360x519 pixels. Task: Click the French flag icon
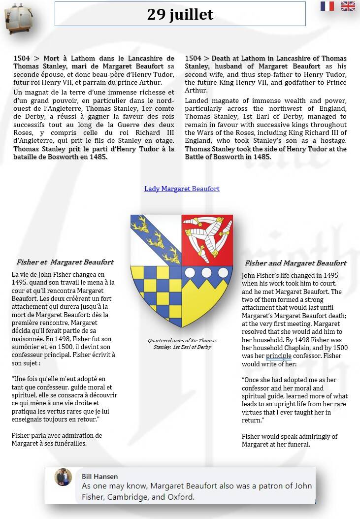click(327, 6)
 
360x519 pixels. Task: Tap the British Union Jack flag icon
click(348, 6)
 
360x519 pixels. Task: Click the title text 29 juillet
click(180, 14)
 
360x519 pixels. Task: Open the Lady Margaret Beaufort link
click(182, 189)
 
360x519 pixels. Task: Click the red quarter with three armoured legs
click(207, 240)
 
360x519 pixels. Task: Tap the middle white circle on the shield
click(207, 273)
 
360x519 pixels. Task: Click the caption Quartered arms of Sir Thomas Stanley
click(182, 343)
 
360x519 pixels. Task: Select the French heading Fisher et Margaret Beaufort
click(65, 262)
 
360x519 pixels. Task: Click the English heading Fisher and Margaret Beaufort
click(295, 263)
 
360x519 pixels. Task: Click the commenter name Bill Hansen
click(99, 476)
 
